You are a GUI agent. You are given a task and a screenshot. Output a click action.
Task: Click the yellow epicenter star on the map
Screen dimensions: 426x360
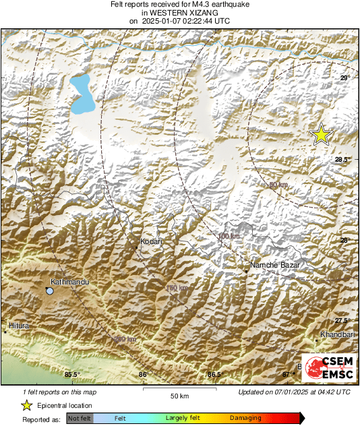[x=322, y=134]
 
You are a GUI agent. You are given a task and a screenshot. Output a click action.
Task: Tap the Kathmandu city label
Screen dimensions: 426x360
[x=70, y=283]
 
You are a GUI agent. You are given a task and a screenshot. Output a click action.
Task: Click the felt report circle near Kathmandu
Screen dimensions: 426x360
[x=49, y=291]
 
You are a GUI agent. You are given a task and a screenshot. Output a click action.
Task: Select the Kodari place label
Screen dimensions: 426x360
[x=150, y=241]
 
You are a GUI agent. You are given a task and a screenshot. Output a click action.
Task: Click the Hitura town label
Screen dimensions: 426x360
[x=19, y=326]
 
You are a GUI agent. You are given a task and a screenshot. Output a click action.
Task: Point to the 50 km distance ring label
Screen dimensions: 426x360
[x=278, y=185]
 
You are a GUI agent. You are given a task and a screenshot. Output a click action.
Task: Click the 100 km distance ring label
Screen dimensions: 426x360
[x=229, y=236]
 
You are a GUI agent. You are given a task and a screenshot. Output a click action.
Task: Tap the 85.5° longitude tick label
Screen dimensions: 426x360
[x=72, y=374]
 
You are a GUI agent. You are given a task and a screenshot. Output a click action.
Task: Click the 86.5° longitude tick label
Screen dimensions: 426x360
[x=214, y=374]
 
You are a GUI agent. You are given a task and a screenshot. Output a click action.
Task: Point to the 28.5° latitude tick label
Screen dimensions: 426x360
[x=343, y=160]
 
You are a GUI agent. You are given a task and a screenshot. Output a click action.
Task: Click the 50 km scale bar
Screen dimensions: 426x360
[x=179, y=389]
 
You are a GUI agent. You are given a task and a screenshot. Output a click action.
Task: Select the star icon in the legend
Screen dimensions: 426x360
[x=26, y=405]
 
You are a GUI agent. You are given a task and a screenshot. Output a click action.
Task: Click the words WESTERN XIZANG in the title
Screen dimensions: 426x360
[x=179, y=13]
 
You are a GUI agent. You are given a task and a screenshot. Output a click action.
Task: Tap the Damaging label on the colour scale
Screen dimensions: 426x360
[x=245, y=419]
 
